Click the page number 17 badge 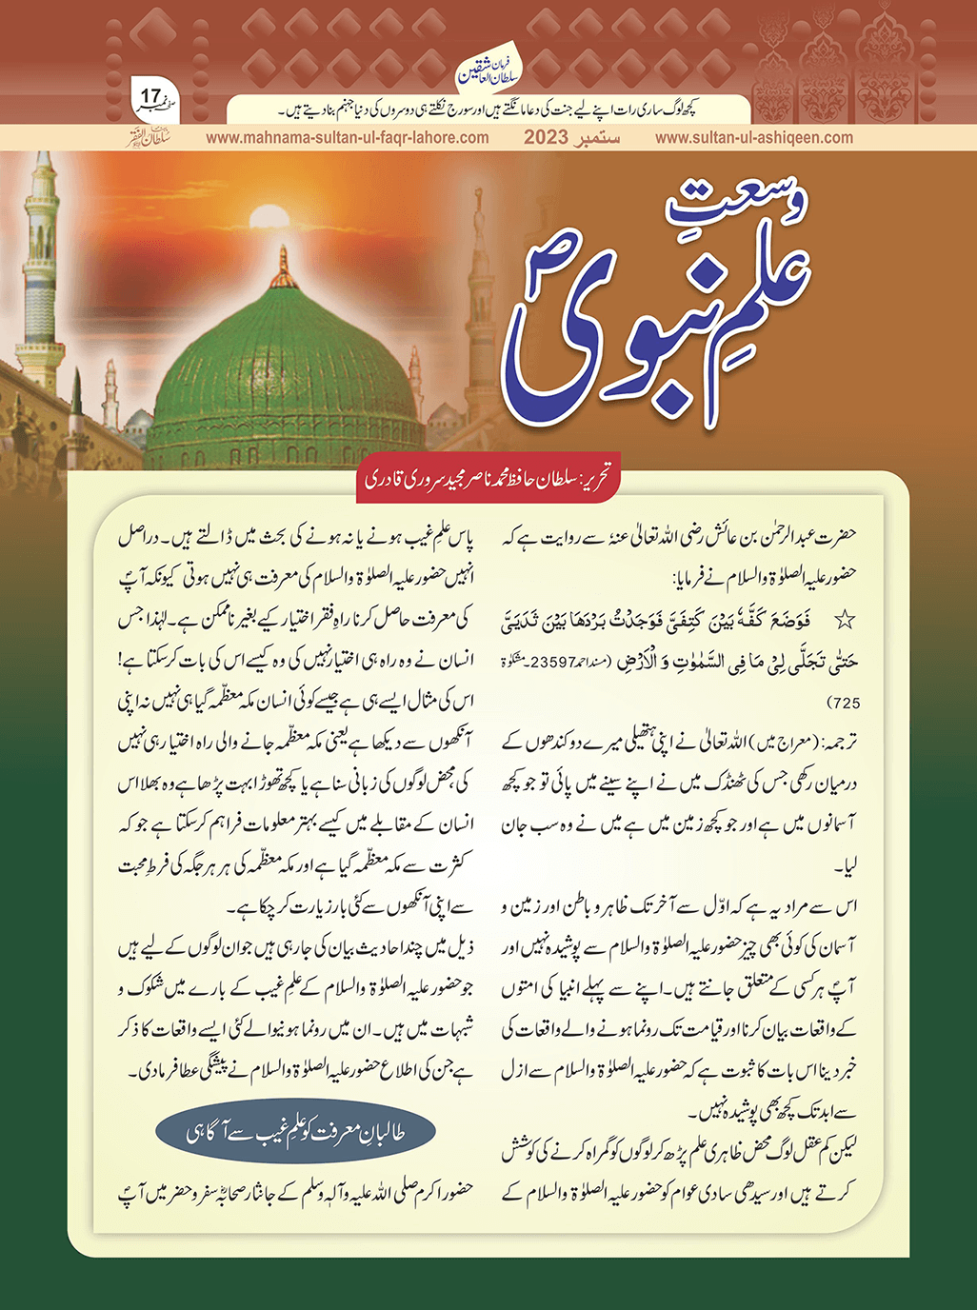coord(153,97)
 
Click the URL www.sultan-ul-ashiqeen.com coord(754,137)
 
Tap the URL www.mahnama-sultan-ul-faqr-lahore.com coord(347,137)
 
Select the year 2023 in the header coord(546,137)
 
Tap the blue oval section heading coord(296,1133)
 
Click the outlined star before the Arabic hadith coord(844,621)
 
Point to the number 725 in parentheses coord(846,704)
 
